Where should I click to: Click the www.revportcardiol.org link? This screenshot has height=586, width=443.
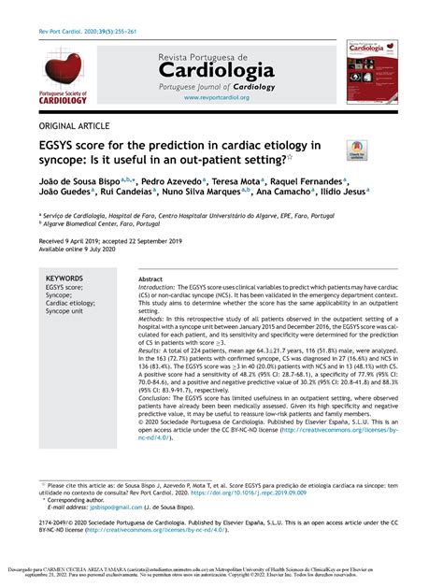216,97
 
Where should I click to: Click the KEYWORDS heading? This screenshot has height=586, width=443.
68,279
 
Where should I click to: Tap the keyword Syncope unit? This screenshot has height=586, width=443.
68,311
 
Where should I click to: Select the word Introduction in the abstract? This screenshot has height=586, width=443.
159,290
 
